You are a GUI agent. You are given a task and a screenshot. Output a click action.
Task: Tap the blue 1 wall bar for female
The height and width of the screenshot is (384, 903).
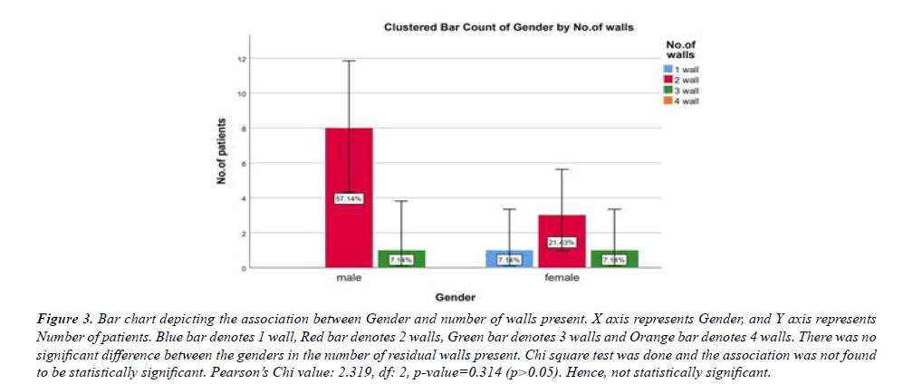pos(509,258)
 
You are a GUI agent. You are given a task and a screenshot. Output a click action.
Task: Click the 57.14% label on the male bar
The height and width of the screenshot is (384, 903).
pos(348,198)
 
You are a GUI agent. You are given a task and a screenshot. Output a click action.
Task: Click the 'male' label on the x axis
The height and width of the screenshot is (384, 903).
pos(348,279)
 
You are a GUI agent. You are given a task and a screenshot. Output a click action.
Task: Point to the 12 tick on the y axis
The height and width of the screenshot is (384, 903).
pos(242,60)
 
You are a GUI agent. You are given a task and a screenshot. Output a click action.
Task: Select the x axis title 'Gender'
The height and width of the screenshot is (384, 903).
pos(456,297)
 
